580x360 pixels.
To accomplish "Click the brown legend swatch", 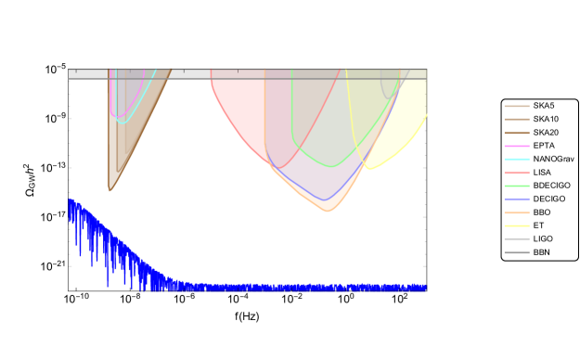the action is pos(517,133).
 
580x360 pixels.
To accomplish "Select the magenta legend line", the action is pos(517,146).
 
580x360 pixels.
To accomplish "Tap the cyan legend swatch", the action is pos(517,160).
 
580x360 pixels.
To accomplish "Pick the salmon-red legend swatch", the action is pos(517,173).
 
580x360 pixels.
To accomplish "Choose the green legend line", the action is pos(517,186).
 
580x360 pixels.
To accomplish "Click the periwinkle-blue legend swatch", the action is pos(517,199).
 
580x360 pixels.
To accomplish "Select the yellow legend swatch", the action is pos(517,225).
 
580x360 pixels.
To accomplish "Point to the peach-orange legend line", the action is pos(517,212).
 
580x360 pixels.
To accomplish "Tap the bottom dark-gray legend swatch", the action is pos(517,252).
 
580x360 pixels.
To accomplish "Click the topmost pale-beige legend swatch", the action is pos(517,106).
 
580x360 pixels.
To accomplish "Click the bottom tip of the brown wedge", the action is pos(110,191).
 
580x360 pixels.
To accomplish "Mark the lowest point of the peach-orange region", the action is pos(328,212).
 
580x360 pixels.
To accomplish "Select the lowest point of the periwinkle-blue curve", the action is pos(324,199).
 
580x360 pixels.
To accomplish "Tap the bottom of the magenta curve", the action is pos(114,117).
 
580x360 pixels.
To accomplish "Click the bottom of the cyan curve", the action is pos(121,122).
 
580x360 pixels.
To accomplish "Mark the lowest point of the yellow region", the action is pos(369,169).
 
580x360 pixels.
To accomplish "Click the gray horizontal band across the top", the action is pos(247,74).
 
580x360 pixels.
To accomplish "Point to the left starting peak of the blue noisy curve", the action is pos(70,199).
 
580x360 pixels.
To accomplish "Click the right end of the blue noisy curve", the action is pos(426,288).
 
